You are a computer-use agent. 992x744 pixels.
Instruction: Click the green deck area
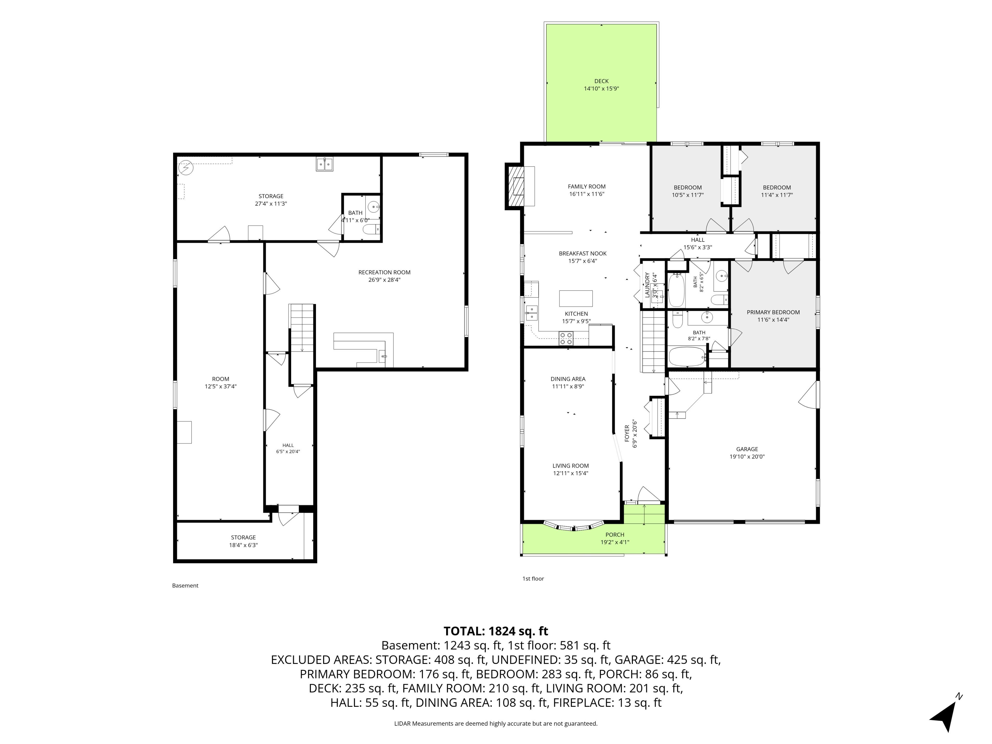(601, 83)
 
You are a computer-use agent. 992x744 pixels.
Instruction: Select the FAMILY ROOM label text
(587, 187)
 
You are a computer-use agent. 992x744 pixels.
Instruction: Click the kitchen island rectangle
(576, 298)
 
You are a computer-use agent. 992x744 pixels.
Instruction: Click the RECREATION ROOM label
(384, 272)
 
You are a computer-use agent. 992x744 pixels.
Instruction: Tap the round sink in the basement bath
(373, 207)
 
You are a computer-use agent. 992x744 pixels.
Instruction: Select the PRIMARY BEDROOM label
(773, 312)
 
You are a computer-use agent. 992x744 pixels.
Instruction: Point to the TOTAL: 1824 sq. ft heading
(495, 631)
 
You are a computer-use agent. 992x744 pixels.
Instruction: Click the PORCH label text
(615, 534)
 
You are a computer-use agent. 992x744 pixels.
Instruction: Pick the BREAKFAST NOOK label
(583, 253)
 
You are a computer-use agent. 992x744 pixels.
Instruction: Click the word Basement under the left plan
(185, 585)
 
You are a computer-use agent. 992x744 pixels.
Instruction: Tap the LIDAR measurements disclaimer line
(495, 723)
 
